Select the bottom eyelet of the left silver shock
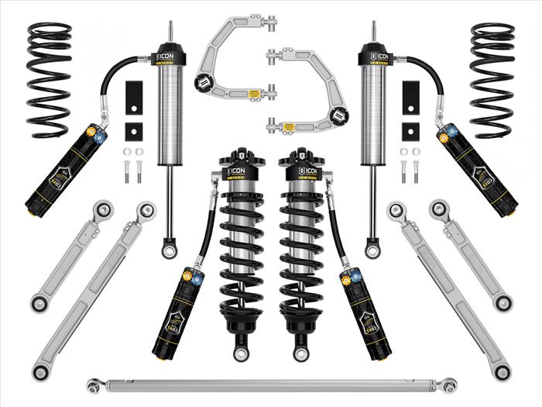(168, 250)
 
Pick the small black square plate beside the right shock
(408, 131)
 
